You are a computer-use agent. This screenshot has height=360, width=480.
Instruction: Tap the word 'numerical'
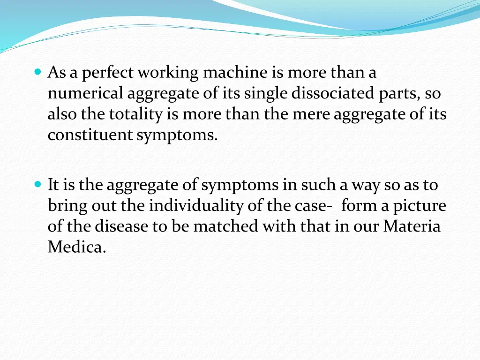point(86,94)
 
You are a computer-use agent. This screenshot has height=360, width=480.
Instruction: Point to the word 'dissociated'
point(333,94)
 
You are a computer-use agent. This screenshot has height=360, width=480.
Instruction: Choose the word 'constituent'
point(90,135)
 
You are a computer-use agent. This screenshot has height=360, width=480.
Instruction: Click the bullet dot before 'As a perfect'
point(38,72)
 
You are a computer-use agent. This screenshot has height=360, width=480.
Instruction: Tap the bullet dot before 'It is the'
point(38,184)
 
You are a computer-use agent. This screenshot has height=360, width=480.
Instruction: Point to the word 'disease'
point(121,226)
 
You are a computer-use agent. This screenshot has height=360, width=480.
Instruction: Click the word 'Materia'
point(412,226)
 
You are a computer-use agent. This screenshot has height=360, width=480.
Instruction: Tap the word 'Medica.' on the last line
point(77,247)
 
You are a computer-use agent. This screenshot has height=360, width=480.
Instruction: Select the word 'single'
point(264,94)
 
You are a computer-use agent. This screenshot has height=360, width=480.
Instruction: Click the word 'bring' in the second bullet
point(64,206)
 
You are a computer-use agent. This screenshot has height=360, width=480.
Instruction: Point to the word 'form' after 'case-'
point(359,206)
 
